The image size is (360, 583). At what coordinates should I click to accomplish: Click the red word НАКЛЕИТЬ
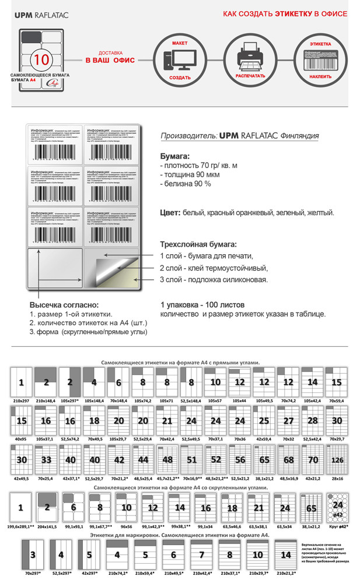pos(320,76)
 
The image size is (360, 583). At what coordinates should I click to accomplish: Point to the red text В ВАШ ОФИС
pos(111,61)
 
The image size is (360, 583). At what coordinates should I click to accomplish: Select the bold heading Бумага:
pos(175,157)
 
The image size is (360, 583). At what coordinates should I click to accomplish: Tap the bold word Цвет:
pos(170,213)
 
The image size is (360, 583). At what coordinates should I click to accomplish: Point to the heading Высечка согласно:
pos(64,305)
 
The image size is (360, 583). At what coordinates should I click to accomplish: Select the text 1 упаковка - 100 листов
pos(202,305)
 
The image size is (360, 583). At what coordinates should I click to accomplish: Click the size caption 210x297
pos(20,401)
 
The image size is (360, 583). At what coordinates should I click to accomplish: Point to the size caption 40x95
pos(20,438)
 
